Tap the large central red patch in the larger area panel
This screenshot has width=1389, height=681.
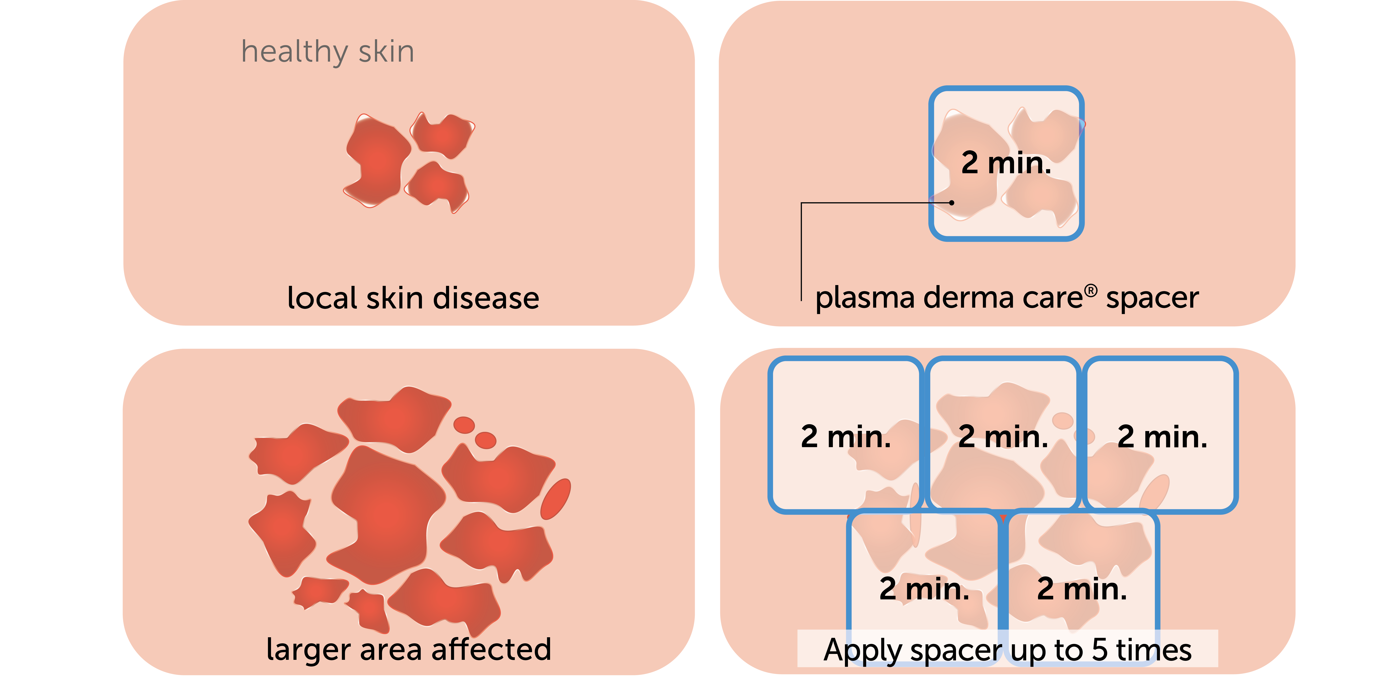tap(386, 513)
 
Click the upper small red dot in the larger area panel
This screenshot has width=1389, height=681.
tap(464, 425)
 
